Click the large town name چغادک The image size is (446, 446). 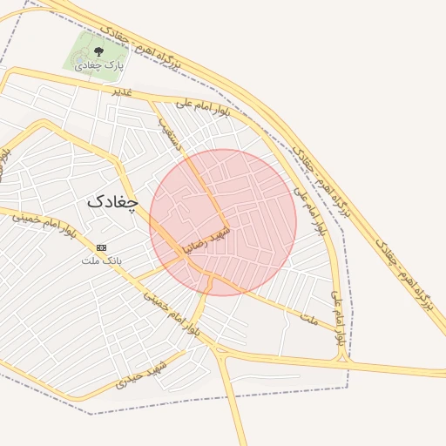112,200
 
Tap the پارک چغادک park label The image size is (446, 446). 98,65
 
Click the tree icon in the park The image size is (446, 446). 97,52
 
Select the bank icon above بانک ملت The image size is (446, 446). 102,248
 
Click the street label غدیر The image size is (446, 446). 121,91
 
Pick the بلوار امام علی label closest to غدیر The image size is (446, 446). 202,109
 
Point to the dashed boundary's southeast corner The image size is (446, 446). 348,389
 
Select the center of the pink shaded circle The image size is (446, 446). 223,222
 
